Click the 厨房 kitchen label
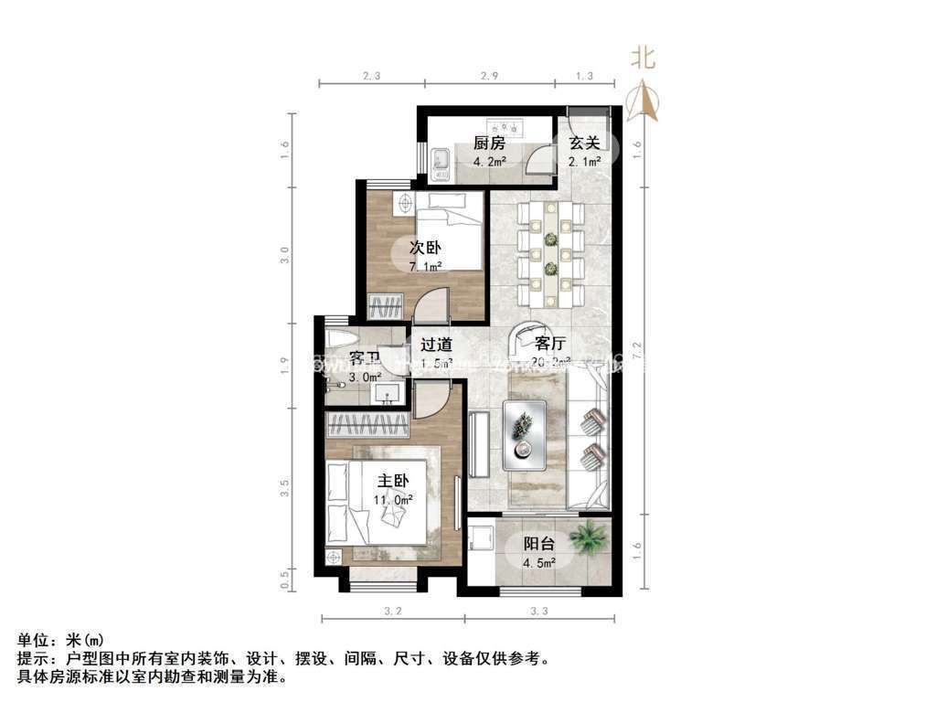point(489,143)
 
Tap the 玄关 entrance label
point(584,143)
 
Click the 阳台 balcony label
point(538,543)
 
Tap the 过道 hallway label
point(436,345)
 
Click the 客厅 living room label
point(550,344)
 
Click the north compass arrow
point(644,101)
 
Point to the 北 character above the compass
point(643,58)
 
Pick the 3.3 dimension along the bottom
point(539,609)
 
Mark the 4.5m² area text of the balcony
point(538,562)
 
